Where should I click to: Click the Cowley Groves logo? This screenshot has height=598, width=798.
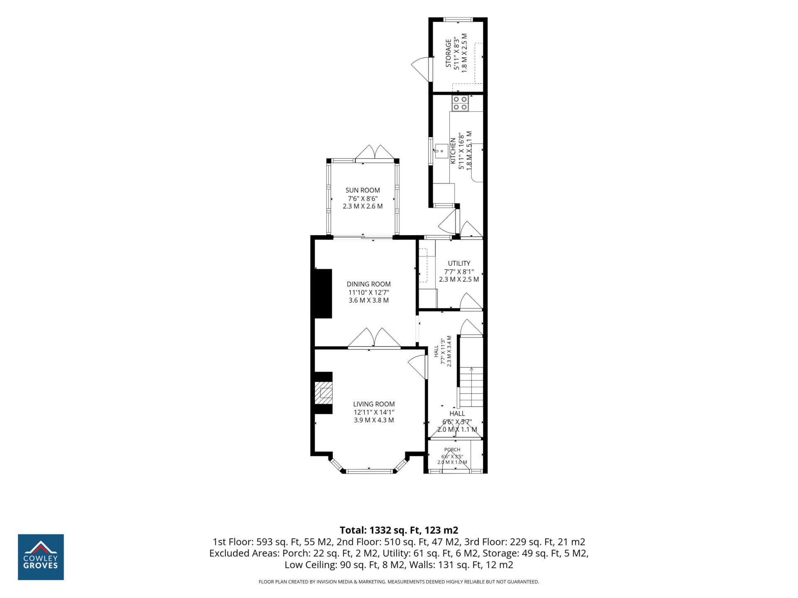[41, 557]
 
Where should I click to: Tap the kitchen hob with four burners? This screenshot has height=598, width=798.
[460, 103]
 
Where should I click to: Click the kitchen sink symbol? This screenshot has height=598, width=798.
[441, 149]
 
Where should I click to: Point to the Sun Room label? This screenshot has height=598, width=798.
[362, 190]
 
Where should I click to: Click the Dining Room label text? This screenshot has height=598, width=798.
[369, 284]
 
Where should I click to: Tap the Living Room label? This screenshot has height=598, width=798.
[374, 404]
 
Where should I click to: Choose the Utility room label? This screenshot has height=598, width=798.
[459, 263]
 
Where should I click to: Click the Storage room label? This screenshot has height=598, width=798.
[448, 53]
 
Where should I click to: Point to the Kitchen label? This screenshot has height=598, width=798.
[453, 151]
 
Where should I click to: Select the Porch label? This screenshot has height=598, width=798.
[452, 449]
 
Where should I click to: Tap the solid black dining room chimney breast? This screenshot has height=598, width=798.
[323, 294]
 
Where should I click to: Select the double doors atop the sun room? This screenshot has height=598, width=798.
[375, 152]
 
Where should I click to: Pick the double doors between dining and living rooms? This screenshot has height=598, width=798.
[374, 338]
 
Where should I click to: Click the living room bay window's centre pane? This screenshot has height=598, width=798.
[369, 471]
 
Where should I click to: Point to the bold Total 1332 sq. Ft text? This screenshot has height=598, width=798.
[399, 530]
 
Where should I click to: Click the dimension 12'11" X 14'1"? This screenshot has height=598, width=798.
[374, 412]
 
